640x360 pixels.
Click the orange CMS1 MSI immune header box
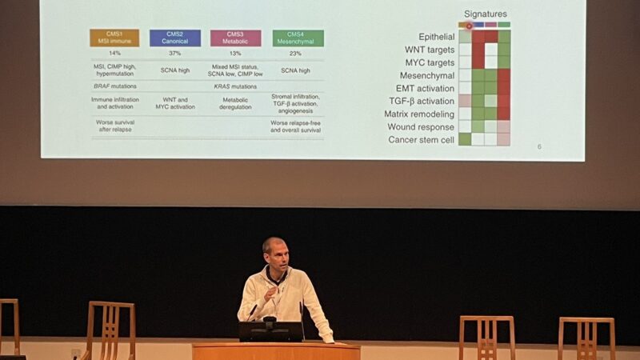tap(114, 38)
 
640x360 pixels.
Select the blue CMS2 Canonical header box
tap(174, 38)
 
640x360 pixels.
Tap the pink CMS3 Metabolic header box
tap(235, 38)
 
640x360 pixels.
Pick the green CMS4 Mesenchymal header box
tap(298, 38)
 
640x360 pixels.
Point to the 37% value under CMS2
tap(174, 54)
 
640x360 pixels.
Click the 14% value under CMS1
tap(114, 54)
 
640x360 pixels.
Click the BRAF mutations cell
tap(114, 86)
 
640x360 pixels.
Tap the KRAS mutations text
tap(235, 86)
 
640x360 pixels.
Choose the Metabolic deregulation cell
tap(235, 103)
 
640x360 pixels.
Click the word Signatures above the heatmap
tap(485, 14)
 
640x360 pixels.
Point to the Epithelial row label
tap(436, 37)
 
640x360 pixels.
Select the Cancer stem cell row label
tap(422, 140)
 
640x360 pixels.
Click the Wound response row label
tap(421, 127)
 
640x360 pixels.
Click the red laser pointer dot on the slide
tap(469, 26)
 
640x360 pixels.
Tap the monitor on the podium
tap(270, 331)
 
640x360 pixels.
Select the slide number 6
tap(539, 146)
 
